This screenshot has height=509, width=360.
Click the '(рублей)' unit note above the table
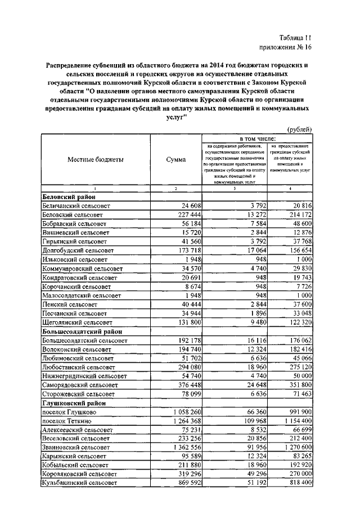[300, 129]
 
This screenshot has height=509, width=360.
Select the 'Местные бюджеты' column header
[96, 160]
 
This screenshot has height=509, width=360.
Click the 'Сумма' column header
[176, 160]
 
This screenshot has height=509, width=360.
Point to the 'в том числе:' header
[258, 138]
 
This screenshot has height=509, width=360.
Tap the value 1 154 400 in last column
[292, 420]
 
